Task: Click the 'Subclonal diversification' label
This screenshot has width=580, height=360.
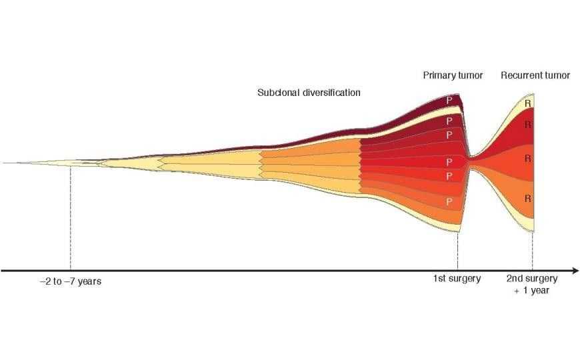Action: coord(309,93)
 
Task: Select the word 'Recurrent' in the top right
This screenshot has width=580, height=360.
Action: coord(521,75)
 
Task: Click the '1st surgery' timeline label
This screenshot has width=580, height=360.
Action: coord(457,279)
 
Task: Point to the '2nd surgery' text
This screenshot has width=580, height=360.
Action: coord(532,279)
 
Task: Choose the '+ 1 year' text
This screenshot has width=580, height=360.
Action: coord(532,291)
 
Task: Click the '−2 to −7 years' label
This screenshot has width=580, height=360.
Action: coord(70,281)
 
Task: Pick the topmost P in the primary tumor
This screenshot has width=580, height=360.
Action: coord(449,100)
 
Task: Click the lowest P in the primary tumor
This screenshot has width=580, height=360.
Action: coord(449,201)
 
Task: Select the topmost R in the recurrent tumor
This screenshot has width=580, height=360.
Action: coord(527,103)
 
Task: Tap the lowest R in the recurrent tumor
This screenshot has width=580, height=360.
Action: coord(527,198)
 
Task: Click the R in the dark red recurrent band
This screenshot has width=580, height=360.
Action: coord(527,125)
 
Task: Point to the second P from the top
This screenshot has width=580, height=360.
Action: coord(449,121)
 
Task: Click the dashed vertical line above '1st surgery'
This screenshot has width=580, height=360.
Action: coord(457,250)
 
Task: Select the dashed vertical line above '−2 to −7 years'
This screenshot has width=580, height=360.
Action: coord(70,220)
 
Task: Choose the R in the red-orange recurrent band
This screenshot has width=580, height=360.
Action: coord(527,158)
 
